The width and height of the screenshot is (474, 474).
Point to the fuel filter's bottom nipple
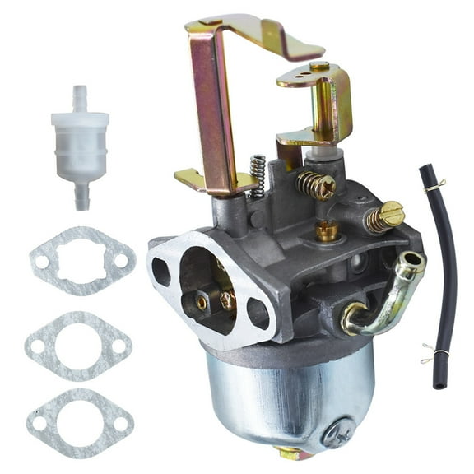[81, 195]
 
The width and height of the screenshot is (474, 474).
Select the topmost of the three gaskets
[80, 260]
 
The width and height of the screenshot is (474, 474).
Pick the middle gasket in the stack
[78, 345]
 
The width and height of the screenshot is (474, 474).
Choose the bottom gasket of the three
[80, 424]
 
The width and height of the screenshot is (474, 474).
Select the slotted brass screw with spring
[385, 216]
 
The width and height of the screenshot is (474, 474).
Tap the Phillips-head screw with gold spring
[318, 185]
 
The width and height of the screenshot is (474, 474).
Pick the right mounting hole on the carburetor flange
[257, 313]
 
